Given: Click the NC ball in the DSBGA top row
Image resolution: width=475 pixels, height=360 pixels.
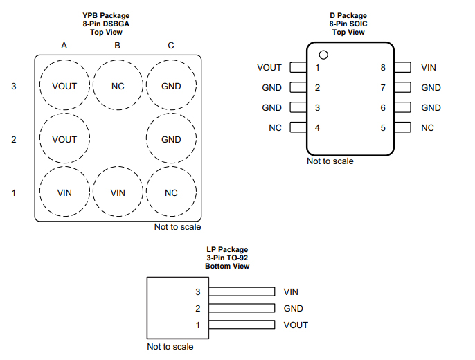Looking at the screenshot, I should tap(118, 87).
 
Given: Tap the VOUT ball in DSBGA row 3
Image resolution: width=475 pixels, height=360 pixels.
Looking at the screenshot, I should tap(64, 87).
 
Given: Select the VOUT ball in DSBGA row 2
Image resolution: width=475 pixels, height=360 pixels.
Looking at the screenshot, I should tap(64, 139).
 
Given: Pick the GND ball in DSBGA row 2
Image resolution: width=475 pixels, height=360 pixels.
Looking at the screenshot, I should tap(171, 139).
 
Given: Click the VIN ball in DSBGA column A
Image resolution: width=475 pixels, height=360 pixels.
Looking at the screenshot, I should tap(64, 192).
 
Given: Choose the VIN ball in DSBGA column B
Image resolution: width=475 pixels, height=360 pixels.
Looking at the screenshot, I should tap(118, 192).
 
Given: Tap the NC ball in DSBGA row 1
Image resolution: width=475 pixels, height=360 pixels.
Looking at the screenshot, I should tap(171, 192).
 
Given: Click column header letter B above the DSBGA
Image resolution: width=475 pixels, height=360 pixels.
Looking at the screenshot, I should tap(118, 46).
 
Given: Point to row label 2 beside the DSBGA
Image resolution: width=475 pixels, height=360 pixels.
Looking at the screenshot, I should tap(13, 139).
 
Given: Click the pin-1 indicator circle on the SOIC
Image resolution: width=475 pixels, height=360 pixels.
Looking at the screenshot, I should tap(323, 55).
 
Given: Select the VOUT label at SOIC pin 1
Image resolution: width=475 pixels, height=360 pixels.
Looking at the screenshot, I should tap(269, 68).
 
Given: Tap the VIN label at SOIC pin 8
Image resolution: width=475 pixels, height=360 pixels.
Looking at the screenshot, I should tap(428, 68).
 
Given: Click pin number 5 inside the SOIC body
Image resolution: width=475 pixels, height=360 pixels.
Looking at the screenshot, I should tap(382, 128).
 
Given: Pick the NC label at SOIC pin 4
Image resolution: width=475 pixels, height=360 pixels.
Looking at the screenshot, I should tap(275, 128).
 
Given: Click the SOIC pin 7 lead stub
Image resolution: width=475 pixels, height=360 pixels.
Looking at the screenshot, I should tap(403, 88).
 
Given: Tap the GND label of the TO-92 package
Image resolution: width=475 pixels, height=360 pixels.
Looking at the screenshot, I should tap(293, 309).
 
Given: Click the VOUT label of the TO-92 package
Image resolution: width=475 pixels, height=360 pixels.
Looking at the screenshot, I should tap(296, 325).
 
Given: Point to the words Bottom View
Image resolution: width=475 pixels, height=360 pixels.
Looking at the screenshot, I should tap(227, 267).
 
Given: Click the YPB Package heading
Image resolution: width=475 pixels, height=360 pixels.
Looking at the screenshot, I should tap(106, 15).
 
